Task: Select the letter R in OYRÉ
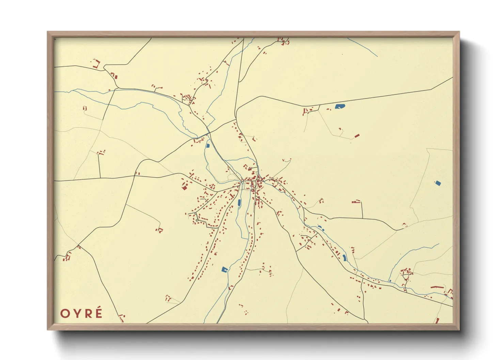[x=87, y=313]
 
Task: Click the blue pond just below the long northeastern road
[x=340, y=107]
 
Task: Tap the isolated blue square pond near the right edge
[x=438, y=183]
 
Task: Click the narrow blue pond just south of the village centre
[x=239, y=203]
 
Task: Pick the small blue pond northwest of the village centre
[x=208, y=146]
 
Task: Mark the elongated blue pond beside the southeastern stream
[x=344, y=257]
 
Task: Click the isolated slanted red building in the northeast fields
[x=357, y=136]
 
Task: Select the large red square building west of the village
[x=185, y=187]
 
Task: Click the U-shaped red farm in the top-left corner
[x=96, y=64]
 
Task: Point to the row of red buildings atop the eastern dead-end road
[x=356, y=202]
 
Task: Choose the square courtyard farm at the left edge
[x=67, y=256]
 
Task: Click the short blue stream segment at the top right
[x=363, y=47]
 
